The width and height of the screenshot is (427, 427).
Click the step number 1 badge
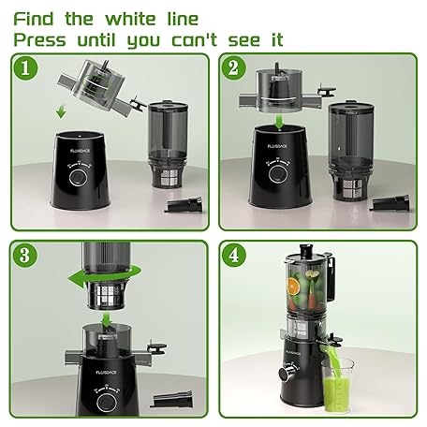click(25, 68)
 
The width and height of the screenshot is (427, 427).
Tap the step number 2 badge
click(234, 68)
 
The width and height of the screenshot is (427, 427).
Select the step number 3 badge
click(25, 256)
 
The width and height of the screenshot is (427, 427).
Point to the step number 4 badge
click(234, 256)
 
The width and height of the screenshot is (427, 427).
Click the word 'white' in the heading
click(130, 20)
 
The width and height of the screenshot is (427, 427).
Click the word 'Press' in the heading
click(39, 40)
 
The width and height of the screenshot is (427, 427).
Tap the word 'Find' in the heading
click(34, 20)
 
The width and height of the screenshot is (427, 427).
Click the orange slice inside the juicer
click(293, 285)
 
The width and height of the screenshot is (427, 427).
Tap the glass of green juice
click(338, 385)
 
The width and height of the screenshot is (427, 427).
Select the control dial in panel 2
click(277, 173)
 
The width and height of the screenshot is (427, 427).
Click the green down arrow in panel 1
click(61, 112)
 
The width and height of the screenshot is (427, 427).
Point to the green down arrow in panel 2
click(280, 121)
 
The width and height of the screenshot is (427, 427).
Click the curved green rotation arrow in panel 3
click(104, 276)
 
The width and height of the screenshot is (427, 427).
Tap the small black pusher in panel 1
click(184, 204)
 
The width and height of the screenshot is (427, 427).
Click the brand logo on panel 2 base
click(277, 146)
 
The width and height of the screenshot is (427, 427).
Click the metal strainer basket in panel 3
click(107, 295)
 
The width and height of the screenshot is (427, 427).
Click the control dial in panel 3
click(107, 402)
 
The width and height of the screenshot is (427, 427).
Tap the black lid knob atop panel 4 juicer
click(307, 249)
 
